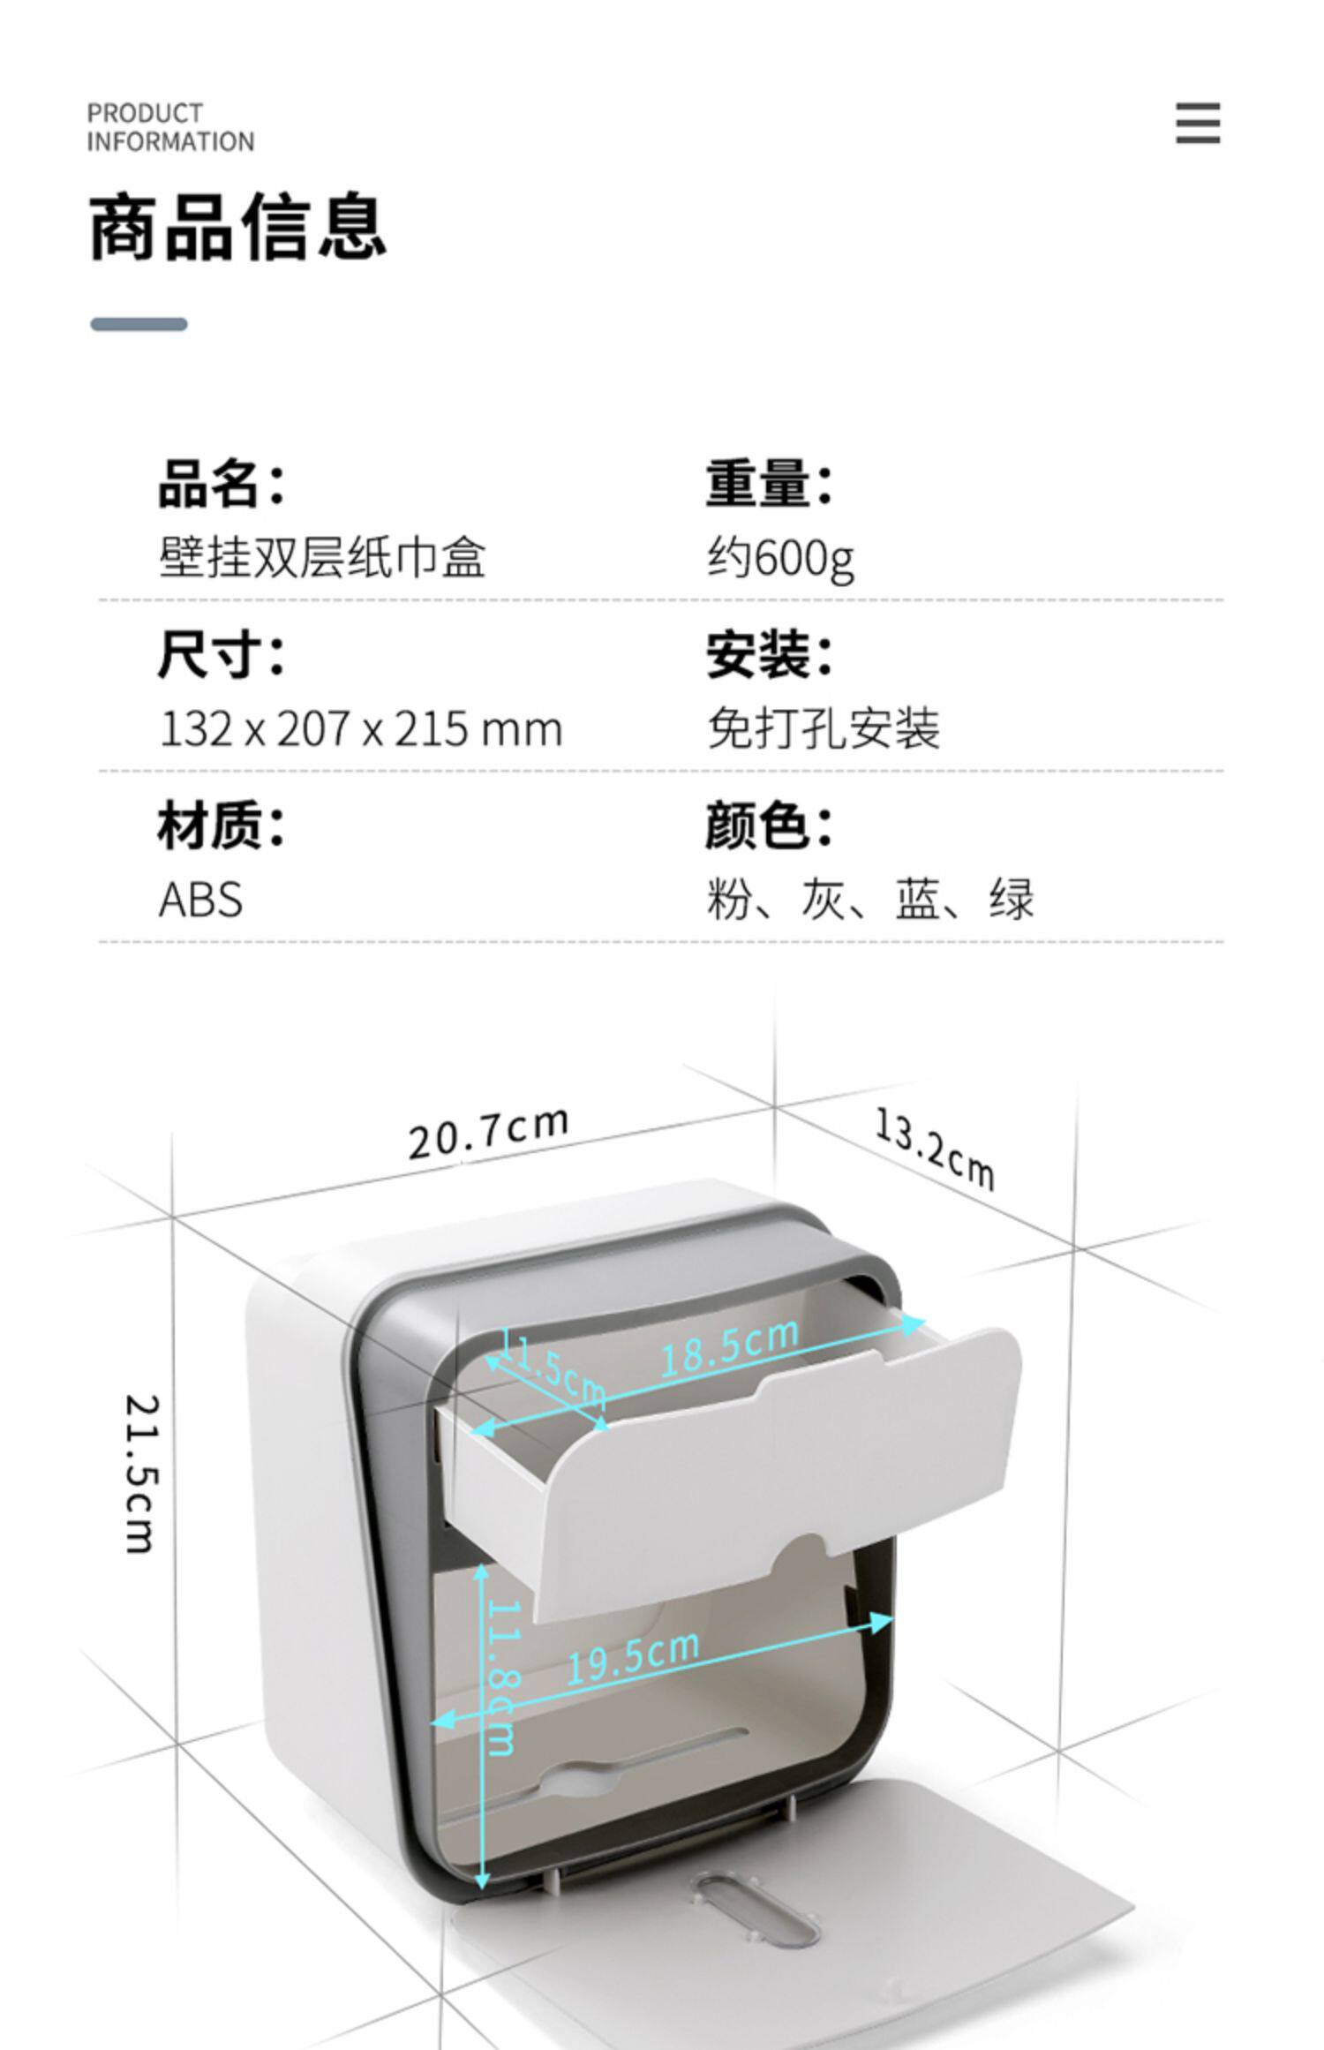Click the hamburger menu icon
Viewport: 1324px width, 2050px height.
click(1198, 123)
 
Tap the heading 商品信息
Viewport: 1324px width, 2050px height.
click(237, 227)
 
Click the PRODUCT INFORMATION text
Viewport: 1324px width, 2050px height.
click(170, 127)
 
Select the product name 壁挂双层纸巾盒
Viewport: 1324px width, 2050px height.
click(322, 558)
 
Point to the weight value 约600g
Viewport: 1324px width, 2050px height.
click(780, 558)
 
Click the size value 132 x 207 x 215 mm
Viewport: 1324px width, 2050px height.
click(360, 729)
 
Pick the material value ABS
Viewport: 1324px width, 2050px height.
click(200, 901)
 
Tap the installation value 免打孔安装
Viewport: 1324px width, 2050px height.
click(824, 729)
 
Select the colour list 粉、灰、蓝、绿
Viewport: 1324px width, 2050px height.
click(869, 900)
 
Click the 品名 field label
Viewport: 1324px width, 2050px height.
click(221, 484)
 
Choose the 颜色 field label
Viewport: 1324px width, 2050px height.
click(768, 826)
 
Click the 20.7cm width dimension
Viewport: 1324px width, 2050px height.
click(488, 1133)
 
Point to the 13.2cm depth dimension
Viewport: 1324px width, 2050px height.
click(935, 1149)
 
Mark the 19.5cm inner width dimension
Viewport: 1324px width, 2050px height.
click(632, 1656)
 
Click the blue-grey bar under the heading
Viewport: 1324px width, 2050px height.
click(139, 324)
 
